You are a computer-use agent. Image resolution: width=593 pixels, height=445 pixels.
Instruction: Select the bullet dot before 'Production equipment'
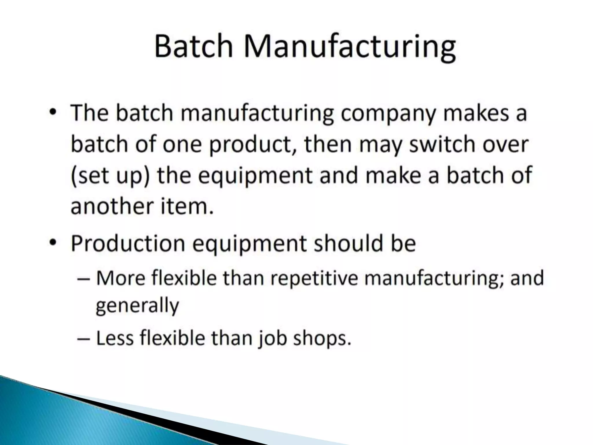tap(52, 243)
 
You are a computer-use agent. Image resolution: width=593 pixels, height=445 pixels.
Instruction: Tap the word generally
tap(137, 306)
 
